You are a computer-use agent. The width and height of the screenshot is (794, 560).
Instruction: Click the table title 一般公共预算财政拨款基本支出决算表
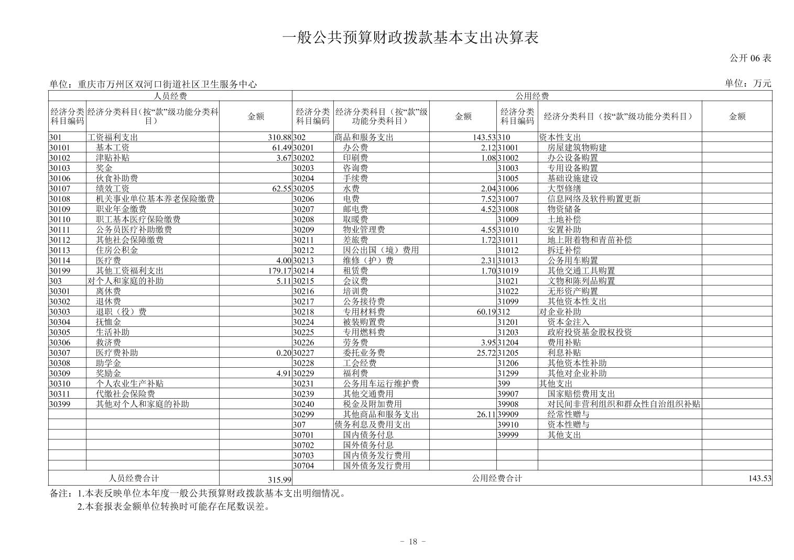[x=410, y=38]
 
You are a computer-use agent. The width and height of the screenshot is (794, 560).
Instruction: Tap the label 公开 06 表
[x=750, y=58]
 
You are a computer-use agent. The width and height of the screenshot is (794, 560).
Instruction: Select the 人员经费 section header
[x=170, y=96]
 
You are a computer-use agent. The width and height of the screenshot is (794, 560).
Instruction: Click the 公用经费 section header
[x=532, y=96]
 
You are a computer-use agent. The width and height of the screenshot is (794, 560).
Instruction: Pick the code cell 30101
[x=60, y=148]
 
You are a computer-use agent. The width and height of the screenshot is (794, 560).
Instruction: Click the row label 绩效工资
[x=113, y=189]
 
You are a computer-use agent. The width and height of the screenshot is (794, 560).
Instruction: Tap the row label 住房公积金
[x=117, y=250]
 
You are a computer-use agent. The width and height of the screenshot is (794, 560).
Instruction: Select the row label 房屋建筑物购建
[x=577, y=148]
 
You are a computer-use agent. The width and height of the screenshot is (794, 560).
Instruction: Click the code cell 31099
[x=508, y=302]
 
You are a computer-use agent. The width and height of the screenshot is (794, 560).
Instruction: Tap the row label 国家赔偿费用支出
[x=581, y=394]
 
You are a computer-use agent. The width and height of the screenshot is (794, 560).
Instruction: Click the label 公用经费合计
[x=497, y=478]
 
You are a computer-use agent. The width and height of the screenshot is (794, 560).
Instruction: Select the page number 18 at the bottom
[x=412, y=542]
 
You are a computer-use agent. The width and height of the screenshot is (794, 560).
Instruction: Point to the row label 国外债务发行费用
[x=376, y=466]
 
